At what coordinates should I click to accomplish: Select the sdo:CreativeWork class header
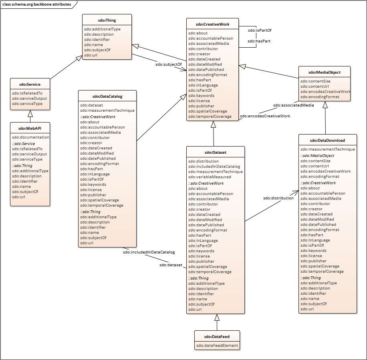(x=213, y=24)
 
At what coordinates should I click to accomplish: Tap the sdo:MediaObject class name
(x=325, y=72)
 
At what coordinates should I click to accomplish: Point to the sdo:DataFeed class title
(x=217, y=336)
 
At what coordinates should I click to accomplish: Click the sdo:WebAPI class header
(x=30, y=129)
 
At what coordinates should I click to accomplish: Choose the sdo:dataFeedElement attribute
(x=217, y=345)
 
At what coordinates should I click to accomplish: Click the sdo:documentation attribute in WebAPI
(x=30, y=137)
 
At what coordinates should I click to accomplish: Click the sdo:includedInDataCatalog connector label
(x=149, y=252)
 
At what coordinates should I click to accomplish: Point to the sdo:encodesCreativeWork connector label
(x=265, y=116)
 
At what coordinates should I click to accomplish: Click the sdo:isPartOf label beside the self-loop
(x=257, y=30)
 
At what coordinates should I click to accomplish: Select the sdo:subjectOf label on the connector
(x=168, y=64)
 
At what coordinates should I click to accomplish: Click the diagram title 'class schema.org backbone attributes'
(x=36, y=4)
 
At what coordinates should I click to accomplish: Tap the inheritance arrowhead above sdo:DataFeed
(x=217, y=318)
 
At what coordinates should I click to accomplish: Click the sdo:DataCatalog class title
(x=107, y=96)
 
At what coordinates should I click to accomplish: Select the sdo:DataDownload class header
(x=327, y=141)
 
